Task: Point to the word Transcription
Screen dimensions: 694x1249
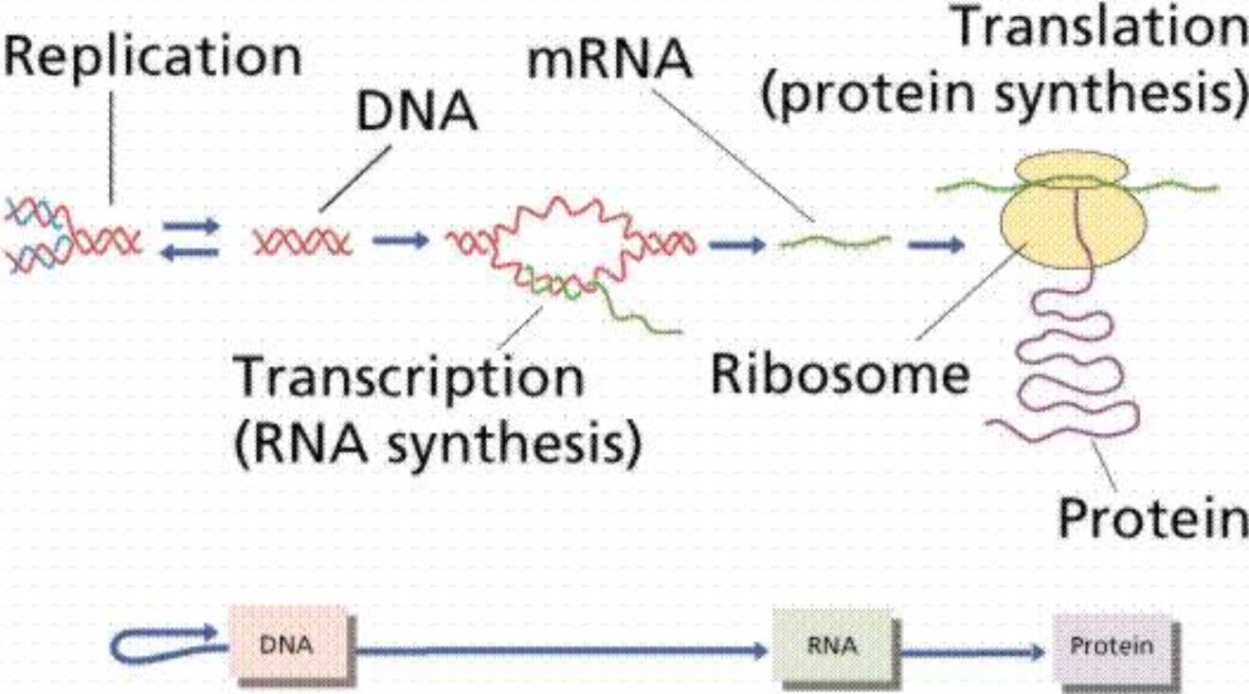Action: (x=408, y=378)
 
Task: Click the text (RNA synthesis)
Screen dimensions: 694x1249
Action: (x=437, y=440)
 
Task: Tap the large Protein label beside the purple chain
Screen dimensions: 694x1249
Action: (x=1152, y=518)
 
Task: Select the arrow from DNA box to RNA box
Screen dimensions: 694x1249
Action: (x=559, y=650)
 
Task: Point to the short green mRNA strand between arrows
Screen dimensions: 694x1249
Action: (x=834, y=243)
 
